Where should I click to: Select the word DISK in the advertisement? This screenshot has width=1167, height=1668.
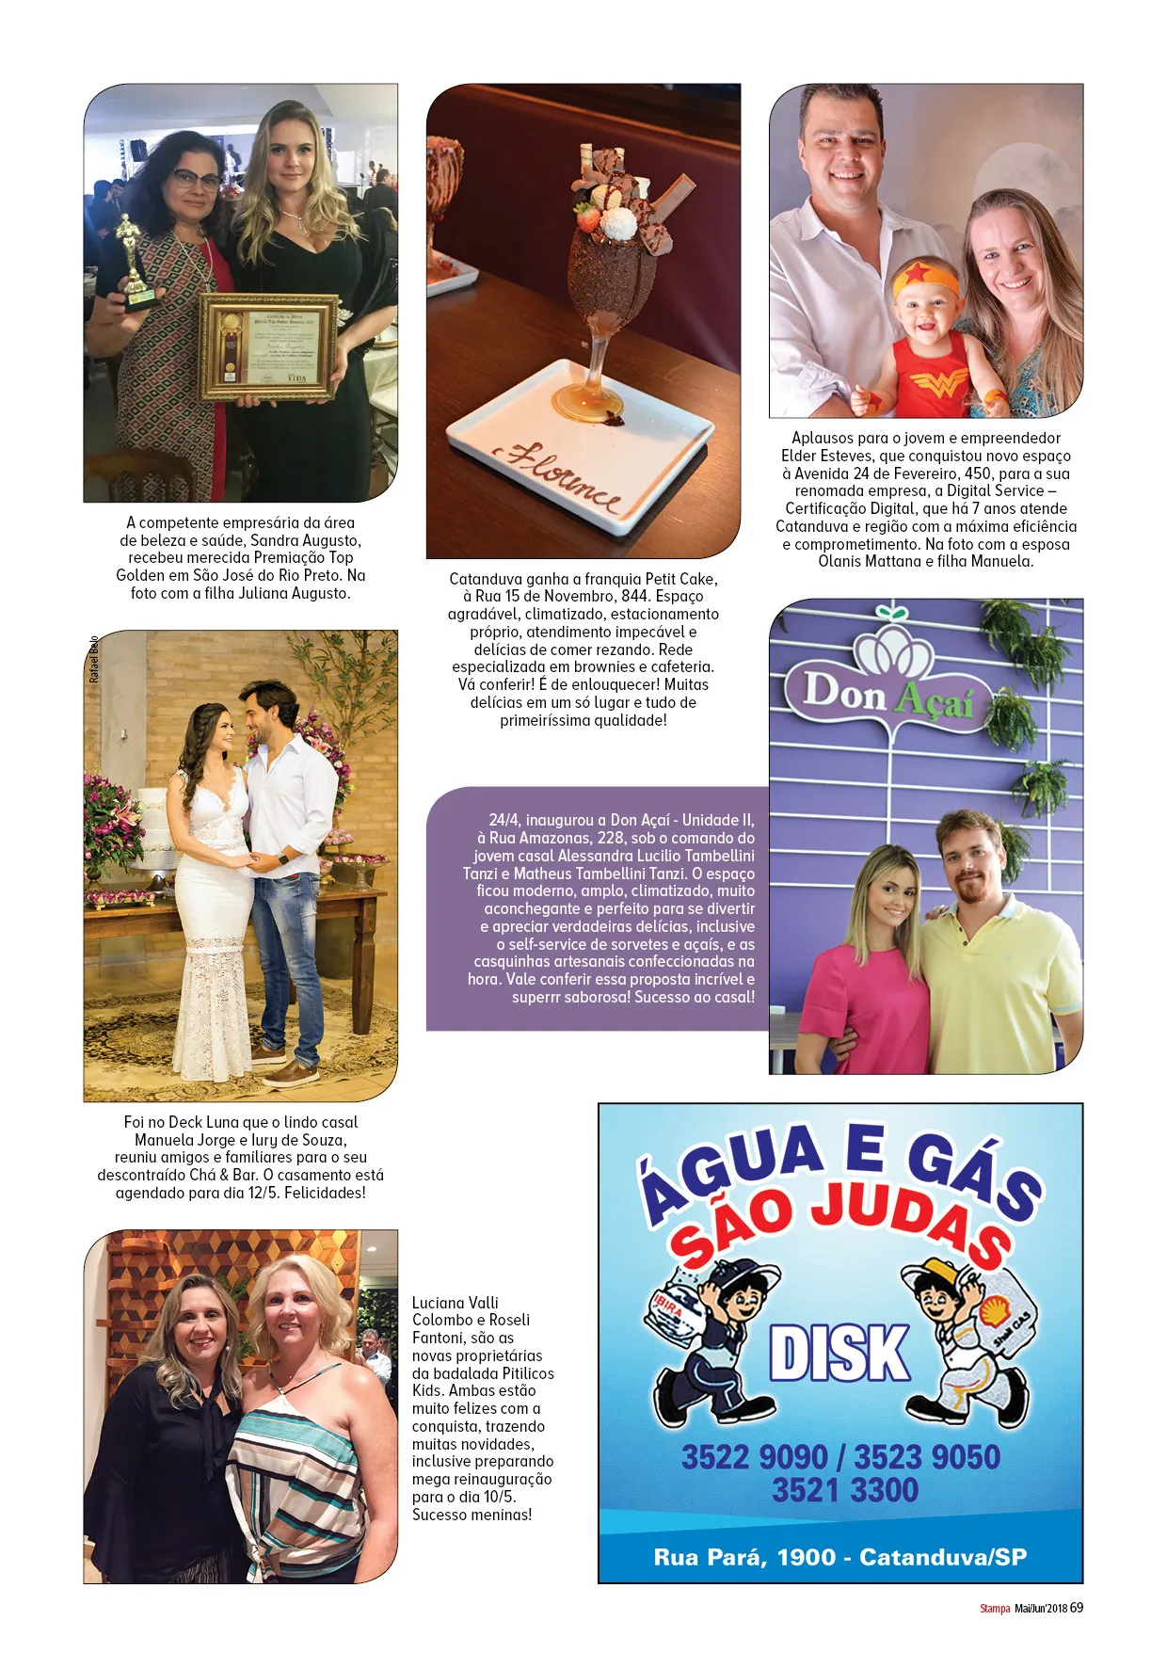[840, 1355]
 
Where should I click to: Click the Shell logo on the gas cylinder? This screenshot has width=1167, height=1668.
[993, 1311]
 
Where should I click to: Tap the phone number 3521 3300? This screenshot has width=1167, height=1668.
[845, 1491]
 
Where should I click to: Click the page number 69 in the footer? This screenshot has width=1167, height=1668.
[1076, 1608]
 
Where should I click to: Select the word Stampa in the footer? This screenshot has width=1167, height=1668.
[994, 1609]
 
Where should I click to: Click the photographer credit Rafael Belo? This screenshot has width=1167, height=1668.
[94, 659]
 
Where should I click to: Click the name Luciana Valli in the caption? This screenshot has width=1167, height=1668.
[456, 1303]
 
